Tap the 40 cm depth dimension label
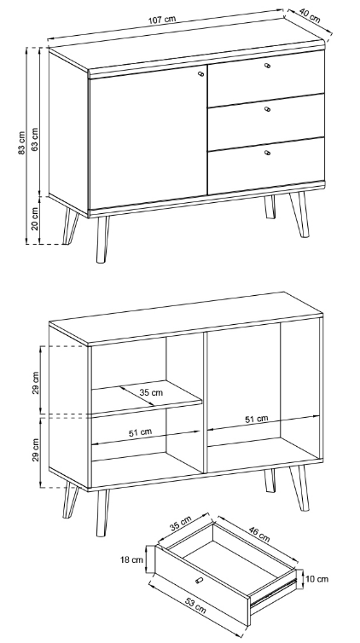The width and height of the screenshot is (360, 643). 310,15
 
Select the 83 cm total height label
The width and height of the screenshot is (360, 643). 21,142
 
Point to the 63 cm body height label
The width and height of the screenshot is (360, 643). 35,139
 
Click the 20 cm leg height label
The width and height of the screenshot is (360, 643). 35,218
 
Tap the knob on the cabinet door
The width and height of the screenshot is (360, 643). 201,74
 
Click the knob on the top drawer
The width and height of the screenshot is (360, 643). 267,65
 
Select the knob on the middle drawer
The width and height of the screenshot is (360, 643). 267,109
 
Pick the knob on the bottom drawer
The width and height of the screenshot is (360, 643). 267,153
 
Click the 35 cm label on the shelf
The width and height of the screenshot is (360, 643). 151,392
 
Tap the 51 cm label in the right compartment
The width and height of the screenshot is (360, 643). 257,419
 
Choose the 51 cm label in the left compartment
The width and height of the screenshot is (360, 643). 140,432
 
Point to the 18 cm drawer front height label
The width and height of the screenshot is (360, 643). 131,559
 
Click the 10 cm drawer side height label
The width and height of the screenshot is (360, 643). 317,579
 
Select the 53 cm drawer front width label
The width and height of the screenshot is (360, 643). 195,605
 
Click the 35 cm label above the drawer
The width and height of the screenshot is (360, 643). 180,524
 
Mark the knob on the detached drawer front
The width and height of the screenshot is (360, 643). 200,580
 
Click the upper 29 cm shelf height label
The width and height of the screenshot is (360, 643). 36,383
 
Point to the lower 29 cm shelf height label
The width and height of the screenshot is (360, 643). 36,450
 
